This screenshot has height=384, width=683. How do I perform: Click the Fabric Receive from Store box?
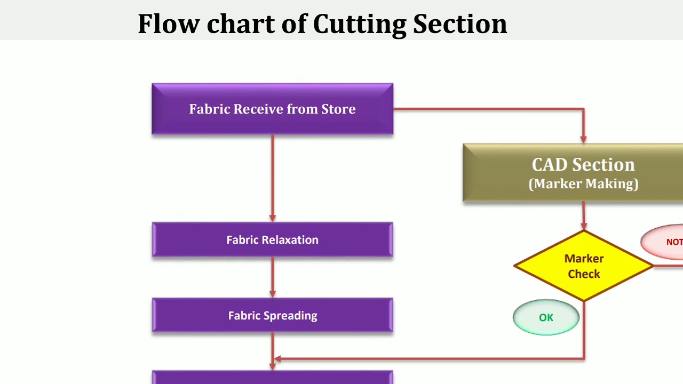point(272,109)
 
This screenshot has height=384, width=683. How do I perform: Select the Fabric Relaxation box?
point(272,240)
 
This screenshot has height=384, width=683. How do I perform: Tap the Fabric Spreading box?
point(272,316)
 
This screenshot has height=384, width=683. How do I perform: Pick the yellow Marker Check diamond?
point(584,266)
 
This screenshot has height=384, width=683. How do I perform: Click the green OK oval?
point(546,317)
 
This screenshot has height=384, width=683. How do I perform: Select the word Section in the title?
point(460,24)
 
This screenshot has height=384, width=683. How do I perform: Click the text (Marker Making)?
point(583,184)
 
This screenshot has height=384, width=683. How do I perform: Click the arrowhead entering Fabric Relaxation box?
point(273,218)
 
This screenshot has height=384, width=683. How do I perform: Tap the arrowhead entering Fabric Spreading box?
point(273,293)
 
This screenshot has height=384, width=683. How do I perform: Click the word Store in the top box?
point(338,109)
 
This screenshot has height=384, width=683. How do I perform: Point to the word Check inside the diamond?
point(584,274)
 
